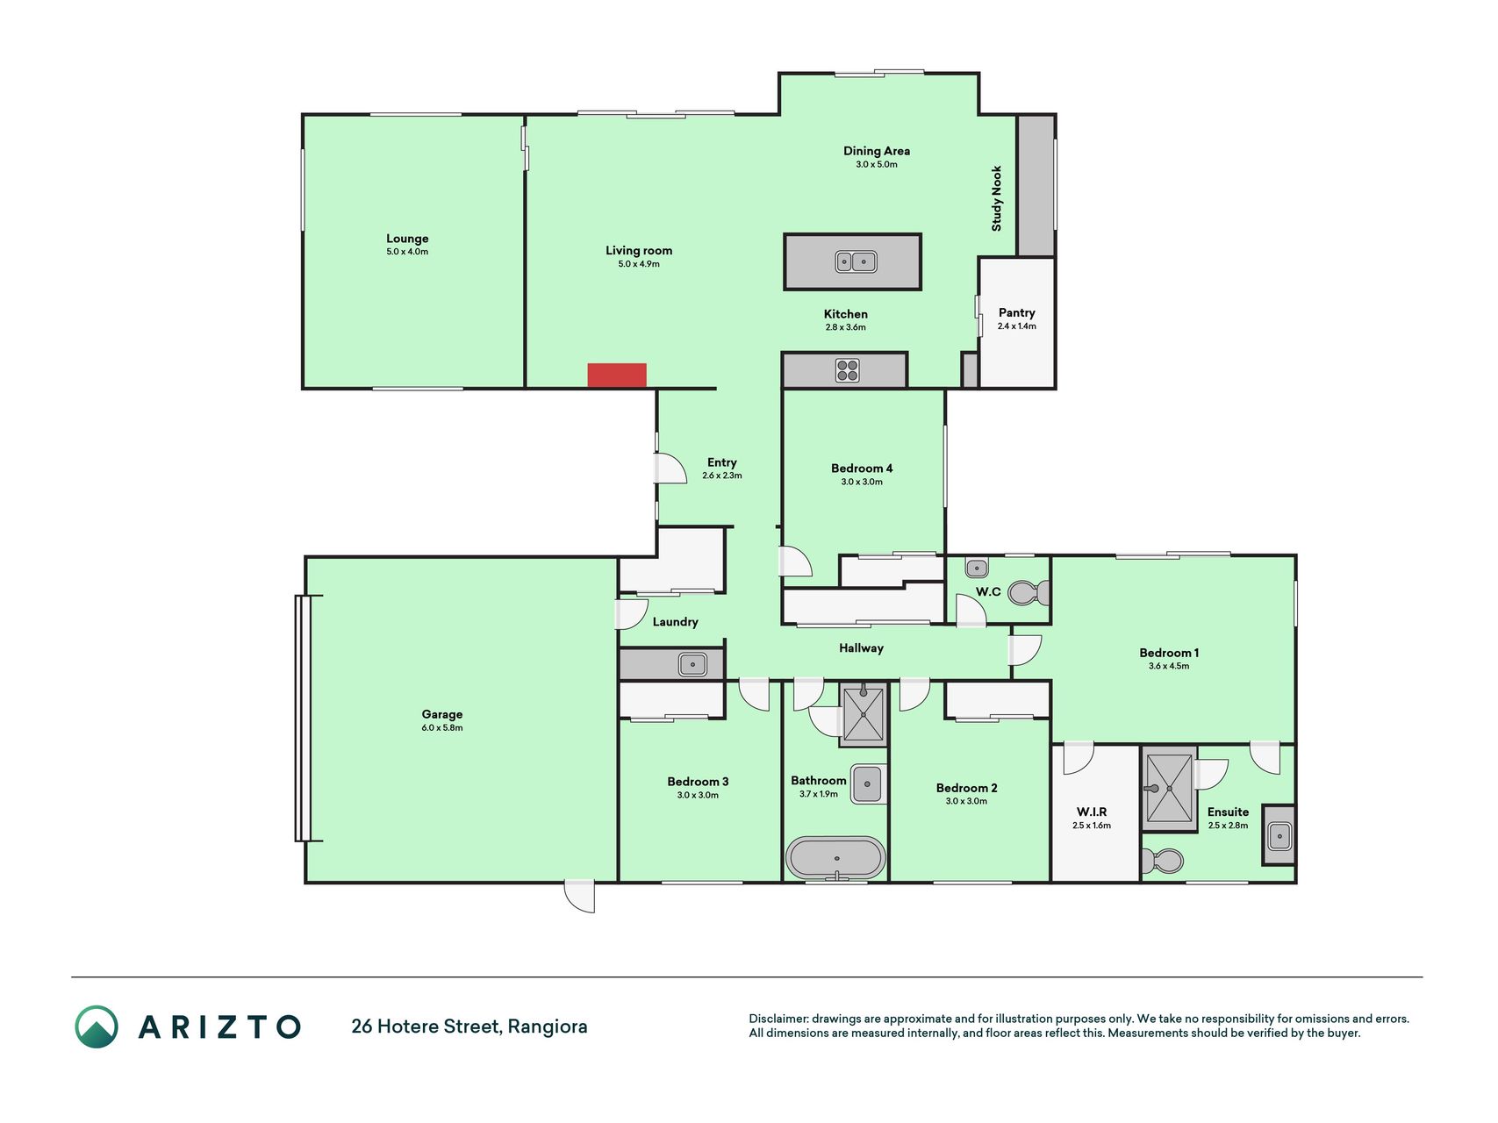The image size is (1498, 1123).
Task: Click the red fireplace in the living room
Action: tap(617, 375)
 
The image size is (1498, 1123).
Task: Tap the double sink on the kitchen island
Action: tap(856, 261)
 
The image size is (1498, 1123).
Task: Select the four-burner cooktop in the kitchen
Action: tap(847, 370)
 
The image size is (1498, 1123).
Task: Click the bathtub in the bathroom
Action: tap(835, 858)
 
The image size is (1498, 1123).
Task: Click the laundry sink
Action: tap(692, 664)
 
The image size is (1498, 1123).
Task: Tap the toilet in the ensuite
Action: tap(1162, 861)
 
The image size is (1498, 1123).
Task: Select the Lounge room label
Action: tap(407, 239)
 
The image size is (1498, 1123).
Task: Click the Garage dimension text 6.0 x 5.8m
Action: tap(442, 727)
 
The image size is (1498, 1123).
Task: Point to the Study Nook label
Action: tap(996, 198)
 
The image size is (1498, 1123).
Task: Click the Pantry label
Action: tap(1017, 312)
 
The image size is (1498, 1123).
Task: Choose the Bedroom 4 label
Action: tap(862, 469)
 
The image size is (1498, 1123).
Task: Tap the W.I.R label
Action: tap(1092, 812)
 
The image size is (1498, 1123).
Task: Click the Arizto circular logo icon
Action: tap(97, 1026)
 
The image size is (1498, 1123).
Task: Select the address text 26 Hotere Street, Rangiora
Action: tap(469, 1026)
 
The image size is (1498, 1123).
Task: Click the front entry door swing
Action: tap(670, 468)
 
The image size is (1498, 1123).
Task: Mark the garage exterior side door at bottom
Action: tap(579, 897)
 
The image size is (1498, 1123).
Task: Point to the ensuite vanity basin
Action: tap(1279, 835)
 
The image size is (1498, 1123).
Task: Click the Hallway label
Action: tap(861, 648)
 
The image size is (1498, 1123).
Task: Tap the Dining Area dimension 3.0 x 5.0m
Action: tap(877, 164)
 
